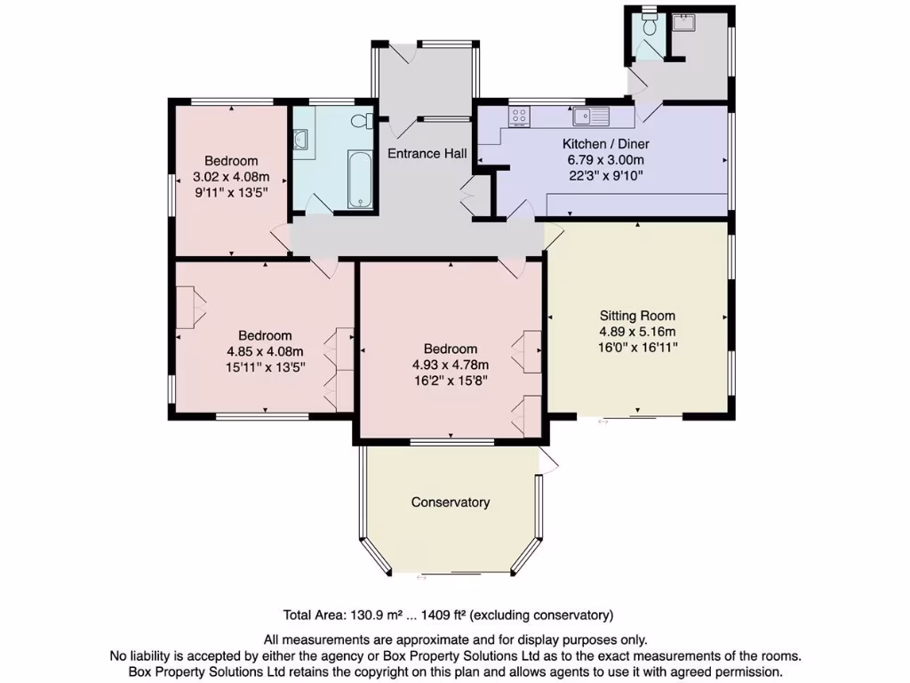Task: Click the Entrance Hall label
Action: point(427,153)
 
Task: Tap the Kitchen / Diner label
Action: point(606,144)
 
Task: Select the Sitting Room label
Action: point(637,316)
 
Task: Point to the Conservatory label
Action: point(451,502)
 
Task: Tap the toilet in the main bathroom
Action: point(363,122)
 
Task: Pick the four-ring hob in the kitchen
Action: point(519,116)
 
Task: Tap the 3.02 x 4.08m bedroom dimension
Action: point(231,176)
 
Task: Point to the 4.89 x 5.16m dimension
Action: point(637,331)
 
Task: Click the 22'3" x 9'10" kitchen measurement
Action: point(606,175)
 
